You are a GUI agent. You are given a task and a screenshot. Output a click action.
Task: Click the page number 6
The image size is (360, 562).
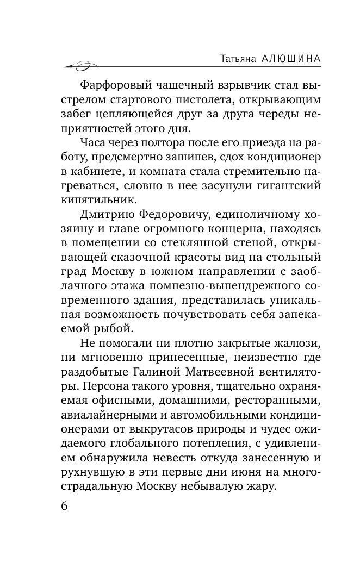(63, 506)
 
